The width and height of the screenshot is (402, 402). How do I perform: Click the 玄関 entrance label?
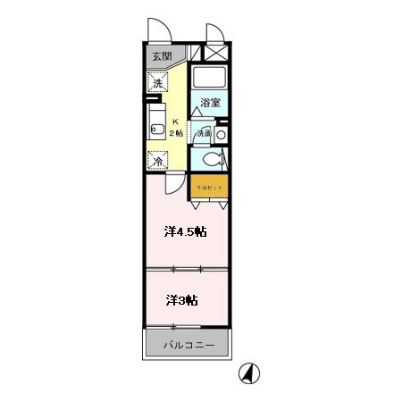[x=161, y=57]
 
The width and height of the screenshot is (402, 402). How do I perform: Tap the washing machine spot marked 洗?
[x=157, y=83]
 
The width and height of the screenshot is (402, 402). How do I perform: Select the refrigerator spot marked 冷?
[x=157, y=162]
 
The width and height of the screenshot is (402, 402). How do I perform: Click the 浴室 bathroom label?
[x=210, y=101]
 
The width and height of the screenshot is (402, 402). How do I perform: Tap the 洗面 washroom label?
[x=204, y=132]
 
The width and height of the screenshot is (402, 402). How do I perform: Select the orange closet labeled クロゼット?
[x=209, y=187]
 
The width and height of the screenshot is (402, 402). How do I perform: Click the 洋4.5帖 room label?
[x=185, y=231]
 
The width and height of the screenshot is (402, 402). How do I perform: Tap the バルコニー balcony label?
[x=188, y=344]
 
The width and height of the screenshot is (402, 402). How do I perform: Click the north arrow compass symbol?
[x=249, y=374]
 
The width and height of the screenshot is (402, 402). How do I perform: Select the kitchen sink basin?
[x=154, y=125]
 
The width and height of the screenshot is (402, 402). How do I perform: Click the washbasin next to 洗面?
[x=221, y=133]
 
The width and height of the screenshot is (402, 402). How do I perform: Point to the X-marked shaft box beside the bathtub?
[x=217, y=54]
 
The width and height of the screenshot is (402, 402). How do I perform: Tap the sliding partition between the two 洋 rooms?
[x=186, y=268]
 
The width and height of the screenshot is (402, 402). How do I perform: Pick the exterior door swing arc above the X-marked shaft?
[x=216, y=32]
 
